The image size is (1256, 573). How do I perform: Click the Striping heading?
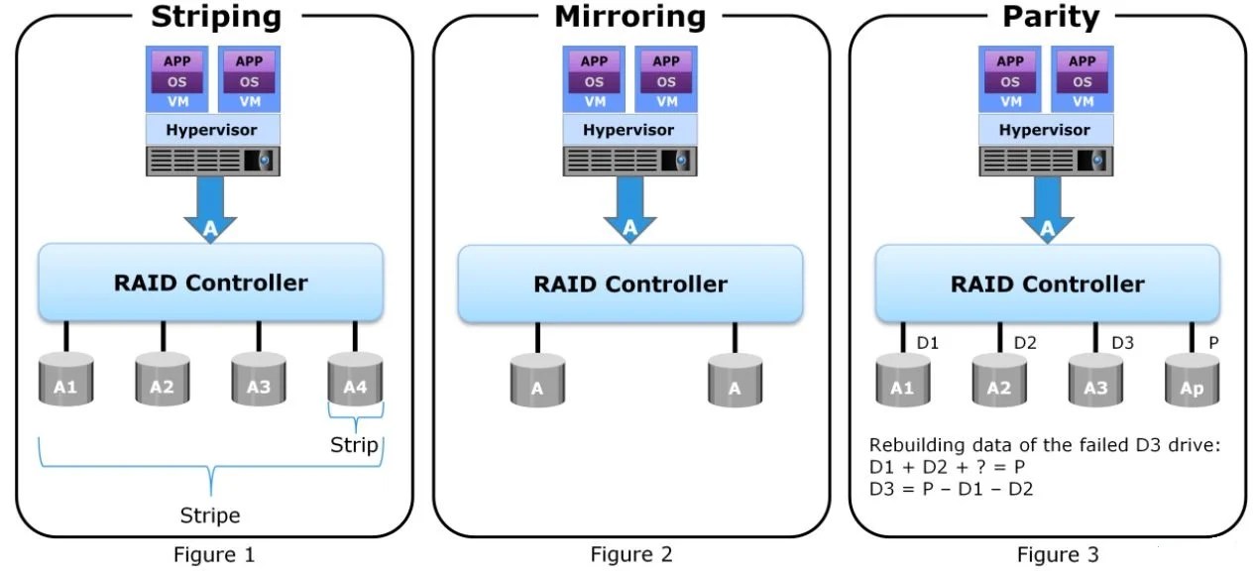point(215,17)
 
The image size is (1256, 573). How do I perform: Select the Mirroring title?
point(629,17)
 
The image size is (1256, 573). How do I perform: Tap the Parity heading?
point(1051,17)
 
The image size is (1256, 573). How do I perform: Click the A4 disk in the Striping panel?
point(355,378)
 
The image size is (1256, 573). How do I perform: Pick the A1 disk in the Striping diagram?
point(65,378)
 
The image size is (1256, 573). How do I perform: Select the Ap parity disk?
point(1192,380)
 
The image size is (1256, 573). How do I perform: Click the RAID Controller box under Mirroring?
point(629,284)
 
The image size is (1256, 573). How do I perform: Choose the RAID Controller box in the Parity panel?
point(1047,284)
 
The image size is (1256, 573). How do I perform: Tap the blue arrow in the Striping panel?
point(210,210)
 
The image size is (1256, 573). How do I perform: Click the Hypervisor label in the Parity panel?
point(1045,130)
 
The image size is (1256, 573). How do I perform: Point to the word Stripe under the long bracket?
point(210,516)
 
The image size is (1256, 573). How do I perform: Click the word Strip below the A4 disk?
point(354,445)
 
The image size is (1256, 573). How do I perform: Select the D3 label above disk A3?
point(1122,343)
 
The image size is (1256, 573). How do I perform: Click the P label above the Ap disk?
point(1214,343)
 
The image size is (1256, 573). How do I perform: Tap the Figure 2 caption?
point(630,555)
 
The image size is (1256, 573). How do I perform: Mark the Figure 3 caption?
point(1058,555)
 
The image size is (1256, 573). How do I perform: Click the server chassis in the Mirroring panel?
point(628,161)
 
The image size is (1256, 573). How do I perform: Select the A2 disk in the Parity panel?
point(999,380)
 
